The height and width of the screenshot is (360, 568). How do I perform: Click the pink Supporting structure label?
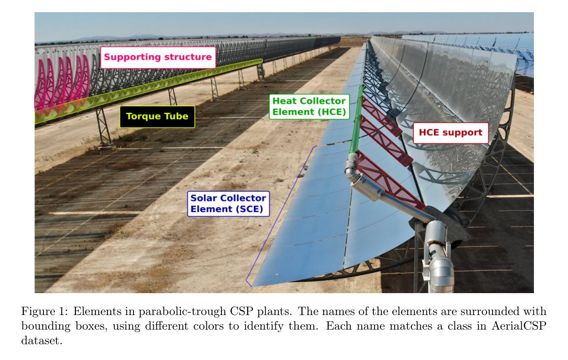coord(158,57)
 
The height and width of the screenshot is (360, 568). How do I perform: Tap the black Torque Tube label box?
coord(157,116)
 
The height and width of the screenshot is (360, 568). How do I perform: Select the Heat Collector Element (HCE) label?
coord(309,106)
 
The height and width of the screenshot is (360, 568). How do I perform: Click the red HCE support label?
coord(451,133)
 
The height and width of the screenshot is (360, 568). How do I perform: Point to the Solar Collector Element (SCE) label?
coord(228,204)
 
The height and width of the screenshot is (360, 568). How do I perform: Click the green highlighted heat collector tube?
coord(357,119)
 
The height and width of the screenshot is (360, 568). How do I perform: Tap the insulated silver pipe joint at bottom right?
coord(437,256)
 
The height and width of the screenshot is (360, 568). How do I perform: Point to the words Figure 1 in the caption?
coord(45,311)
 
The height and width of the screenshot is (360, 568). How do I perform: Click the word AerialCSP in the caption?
coord(519,326)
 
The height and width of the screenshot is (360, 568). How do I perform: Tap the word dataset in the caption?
coord(41,341)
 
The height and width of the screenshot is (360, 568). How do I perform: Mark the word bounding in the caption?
coord(46,326)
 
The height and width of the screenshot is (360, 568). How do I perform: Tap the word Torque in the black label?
coord(144,116)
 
